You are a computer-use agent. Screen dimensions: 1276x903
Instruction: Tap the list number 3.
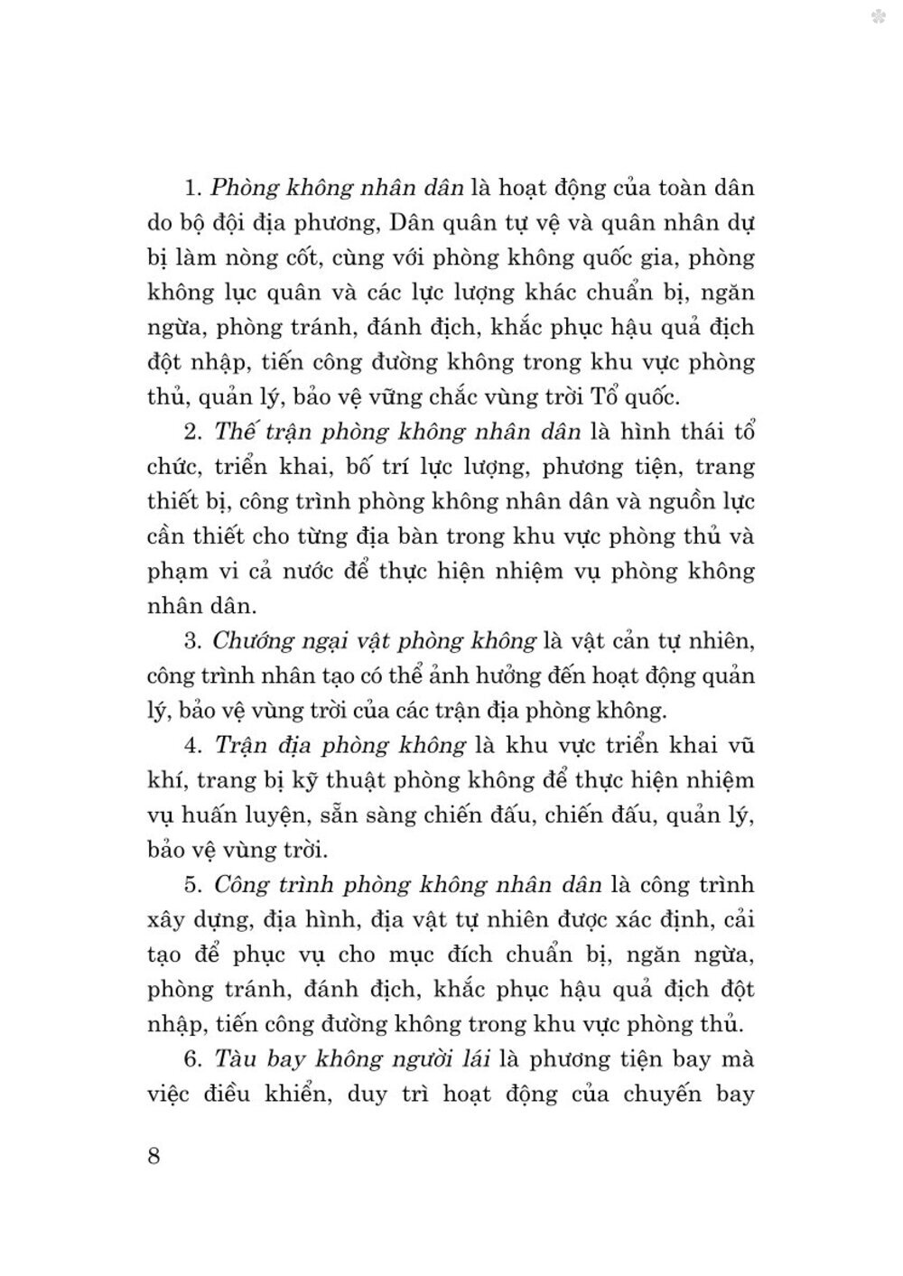[191, 641]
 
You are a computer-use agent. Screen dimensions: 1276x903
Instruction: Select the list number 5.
[191, 885]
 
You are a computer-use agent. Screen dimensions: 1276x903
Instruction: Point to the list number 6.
[191, 1058]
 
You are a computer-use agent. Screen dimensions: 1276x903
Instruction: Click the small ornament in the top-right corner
[879, 15]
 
